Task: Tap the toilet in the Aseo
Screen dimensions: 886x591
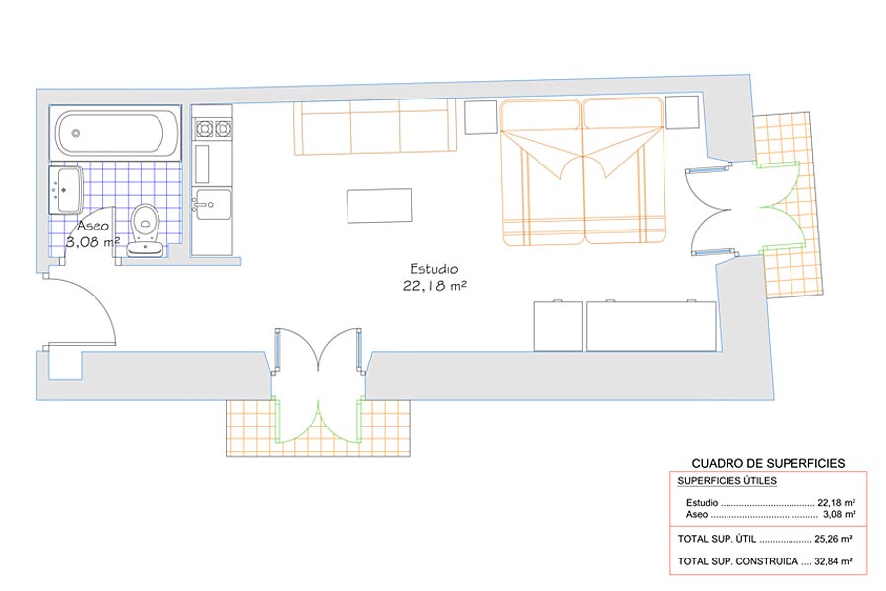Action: click(x=146, y=230)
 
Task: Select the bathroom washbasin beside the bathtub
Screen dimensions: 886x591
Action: click(x=66, y=189)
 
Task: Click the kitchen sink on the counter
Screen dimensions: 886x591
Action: click(x=213, y=204)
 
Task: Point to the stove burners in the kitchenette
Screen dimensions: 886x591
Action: click(x=213, y=129)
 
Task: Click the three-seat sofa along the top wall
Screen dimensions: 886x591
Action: click(x=375, y=127)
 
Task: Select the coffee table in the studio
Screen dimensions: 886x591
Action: click(x=380, y=206)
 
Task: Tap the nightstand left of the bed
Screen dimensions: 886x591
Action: click(x=480, y=117)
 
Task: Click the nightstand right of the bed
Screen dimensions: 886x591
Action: click(x=682, y=112)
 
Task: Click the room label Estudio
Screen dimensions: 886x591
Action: click(x=434, y=269)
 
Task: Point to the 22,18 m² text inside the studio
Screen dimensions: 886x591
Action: click(x=434, y=286)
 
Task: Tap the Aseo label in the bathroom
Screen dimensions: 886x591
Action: click(x=94, y=226)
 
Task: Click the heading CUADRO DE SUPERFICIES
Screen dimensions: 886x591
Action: click(x=768, y=463)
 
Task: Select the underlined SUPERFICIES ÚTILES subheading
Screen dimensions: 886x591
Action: click(x=728, y=481)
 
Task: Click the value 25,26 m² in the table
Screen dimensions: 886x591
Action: click(x=833, y=539)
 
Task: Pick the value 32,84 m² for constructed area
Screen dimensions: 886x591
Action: click(x=833, y=561)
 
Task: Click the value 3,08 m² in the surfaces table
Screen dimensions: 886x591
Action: click(x=839, y=514)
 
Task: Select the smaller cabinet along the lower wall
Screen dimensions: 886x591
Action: click(x=558, y=326)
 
